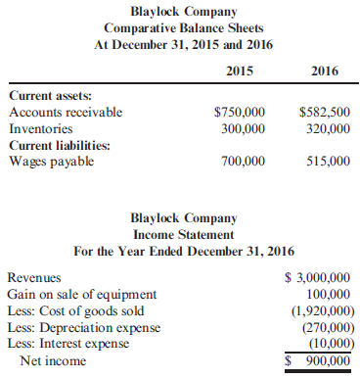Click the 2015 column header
point(239,71)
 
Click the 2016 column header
point(325,71)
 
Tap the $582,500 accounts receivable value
point(324,112)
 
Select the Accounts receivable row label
point(66,112)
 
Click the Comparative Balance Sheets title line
point(179,26)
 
